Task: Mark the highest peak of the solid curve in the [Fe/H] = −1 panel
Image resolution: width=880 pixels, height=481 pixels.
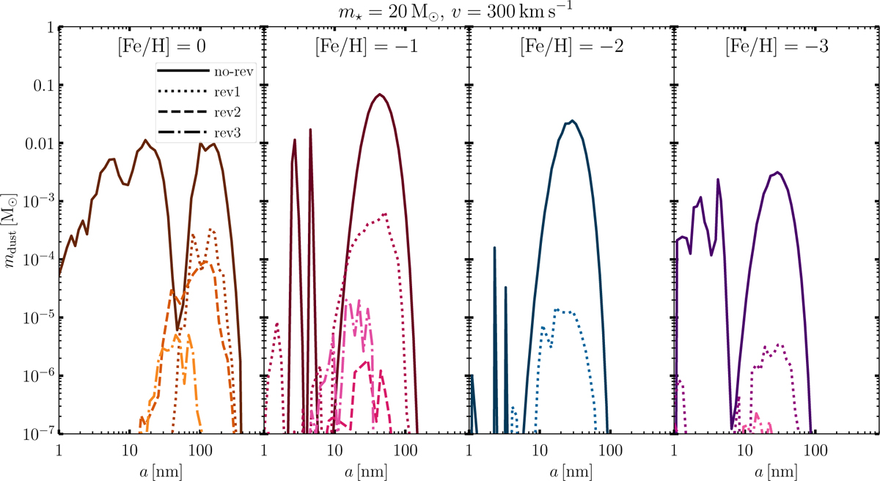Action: [x=379, y=95]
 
